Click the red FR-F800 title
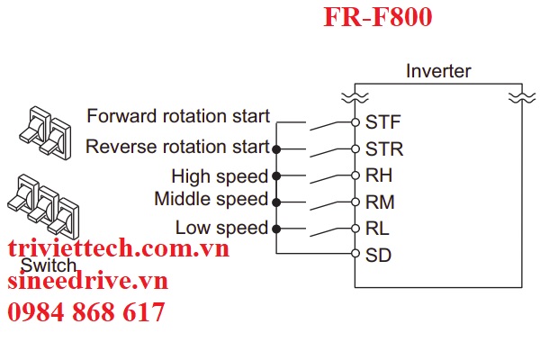tap(379, 17)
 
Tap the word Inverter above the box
tap(438, 71)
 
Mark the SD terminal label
tap(378, 255)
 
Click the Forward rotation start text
tap(177, 116)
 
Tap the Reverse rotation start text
tap(177, 146)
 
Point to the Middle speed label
tap(211, 199)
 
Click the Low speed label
tap(221, 228)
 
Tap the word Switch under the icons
tap(46, 266)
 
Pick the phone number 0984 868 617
tap(86, 312)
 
